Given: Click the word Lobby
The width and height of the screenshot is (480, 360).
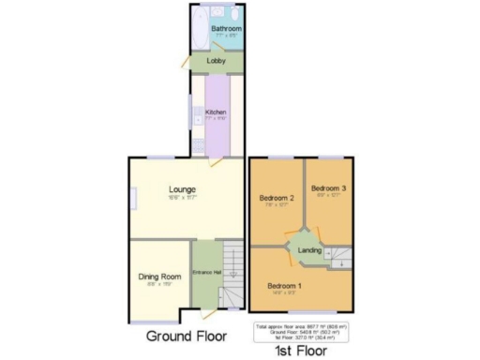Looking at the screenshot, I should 217,62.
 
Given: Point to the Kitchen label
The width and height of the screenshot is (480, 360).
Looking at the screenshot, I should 216,112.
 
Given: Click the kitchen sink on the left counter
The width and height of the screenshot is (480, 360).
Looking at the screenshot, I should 198,117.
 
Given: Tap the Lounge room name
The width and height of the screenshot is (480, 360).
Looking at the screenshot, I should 183,190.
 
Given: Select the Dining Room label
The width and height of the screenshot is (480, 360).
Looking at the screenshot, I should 159,277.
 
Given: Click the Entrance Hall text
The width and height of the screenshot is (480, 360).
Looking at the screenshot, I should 206,272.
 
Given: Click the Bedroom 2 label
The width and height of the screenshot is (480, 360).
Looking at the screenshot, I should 278,198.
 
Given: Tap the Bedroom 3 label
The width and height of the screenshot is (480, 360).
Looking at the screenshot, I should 329,188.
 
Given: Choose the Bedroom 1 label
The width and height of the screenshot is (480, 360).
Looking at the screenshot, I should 284,285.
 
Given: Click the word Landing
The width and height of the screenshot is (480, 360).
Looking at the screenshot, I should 309,251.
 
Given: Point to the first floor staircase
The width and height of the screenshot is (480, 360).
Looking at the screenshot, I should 339,257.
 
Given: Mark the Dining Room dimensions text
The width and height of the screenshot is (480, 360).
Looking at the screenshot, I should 159,285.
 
